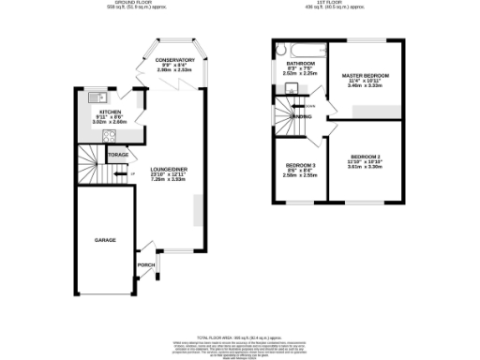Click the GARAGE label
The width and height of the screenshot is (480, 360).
tap(105, 241)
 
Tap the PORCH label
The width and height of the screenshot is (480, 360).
tap(146, 264)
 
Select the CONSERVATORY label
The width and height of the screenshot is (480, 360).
tap(175, 59)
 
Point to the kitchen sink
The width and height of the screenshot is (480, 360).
tap(94, 97)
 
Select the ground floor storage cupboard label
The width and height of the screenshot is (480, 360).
tap(118, 154)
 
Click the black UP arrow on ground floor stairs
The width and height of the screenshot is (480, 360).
tap(118, 173)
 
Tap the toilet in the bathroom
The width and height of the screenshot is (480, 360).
tap(292, 90)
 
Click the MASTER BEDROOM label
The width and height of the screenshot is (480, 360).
tap(366, 75)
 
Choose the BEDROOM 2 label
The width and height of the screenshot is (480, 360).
tap(365, 157)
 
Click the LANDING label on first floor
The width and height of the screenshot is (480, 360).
tap(302, 116)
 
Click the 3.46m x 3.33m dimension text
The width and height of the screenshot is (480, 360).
tap(366, 86)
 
